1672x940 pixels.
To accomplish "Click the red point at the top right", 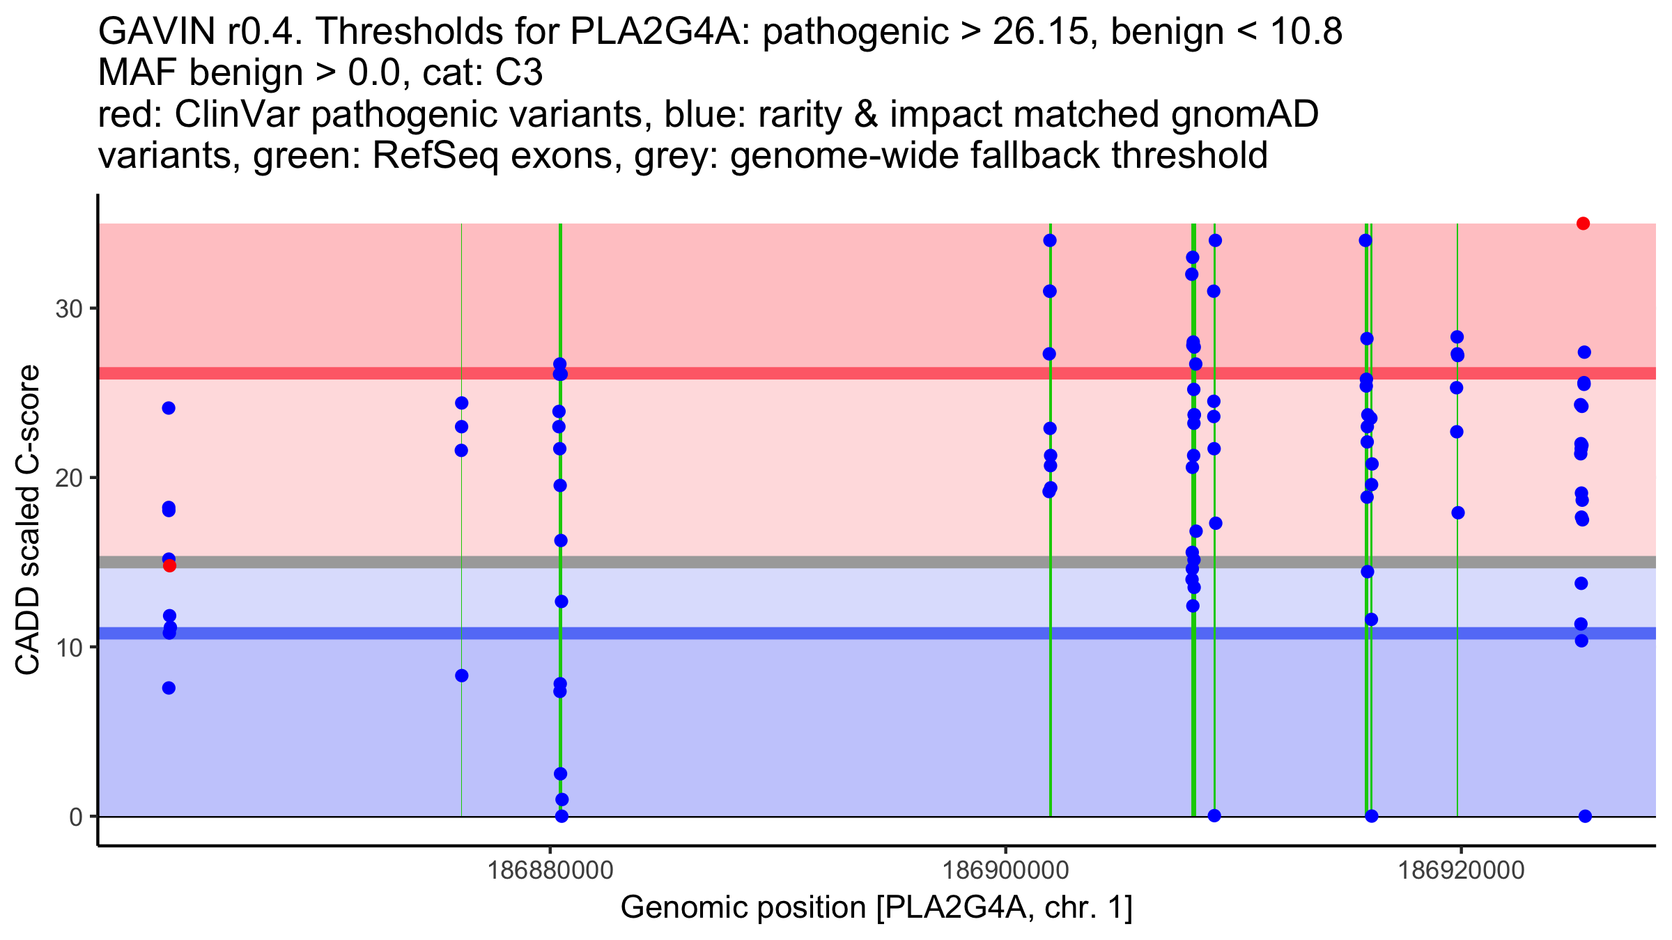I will [1583, 224].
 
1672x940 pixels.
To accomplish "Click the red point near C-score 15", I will [170, 566].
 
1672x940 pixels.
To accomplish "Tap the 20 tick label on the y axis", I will [69, 478].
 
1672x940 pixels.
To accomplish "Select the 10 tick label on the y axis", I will [69, 647].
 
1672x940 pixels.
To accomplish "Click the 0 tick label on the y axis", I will [75, 817].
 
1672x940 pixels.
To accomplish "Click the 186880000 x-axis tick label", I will [550, 870].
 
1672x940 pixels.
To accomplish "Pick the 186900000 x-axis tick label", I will [1005, 870].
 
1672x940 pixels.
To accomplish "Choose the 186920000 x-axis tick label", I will [1461, 870].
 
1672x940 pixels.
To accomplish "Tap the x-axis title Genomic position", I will [876, 908].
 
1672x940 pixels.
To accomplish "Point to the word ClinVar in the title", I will [237, 114].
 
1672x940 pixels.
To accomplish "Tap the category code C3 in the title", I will [519, 73].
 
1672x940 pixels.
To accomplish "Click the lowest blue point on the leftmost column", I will [169, 688].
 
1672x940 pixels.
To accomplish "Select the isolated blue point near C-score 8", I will [462, 675].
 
